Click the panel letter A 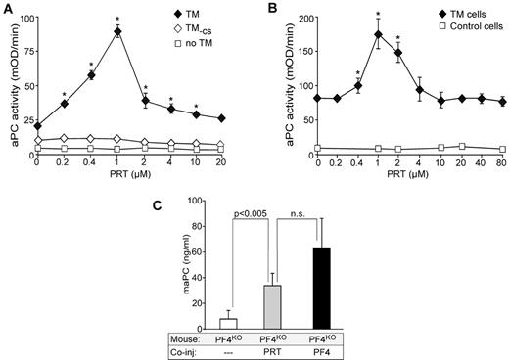7,7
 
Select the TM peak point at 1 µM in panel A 117,31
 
